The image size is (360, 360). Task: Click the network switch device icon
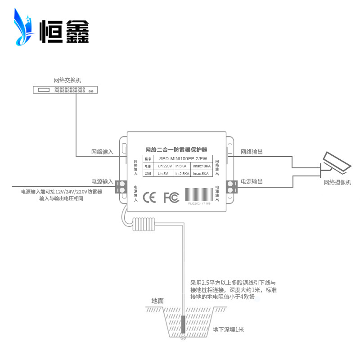tap(65, 90)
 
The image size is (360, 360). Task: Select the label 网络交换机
tap(67, 81)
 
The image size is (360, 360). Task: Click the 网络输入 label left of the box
tap(102, 152)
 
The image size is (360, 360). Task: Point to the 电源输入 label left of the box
tap(102, 182)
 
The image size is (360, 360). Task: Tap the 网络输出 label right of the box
tap(252, 152)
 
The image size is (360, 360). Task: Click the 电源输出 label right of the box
tap(252, 182)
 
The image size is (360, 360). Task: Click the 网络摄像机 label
tap(337, 182)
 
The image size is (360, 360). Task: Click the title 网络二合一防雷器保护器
tap(176, 149)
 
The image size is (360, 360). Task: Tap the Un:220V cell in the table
tap(165, 166)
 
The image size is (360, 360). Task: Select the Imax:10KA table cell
tap(201, 166)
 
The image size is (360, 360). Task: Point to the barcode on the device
tap(199, 195)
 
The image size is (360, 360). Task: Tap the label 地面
tap(157, 301)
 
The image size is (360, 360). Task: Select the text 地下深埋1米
tap(228, 330)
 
